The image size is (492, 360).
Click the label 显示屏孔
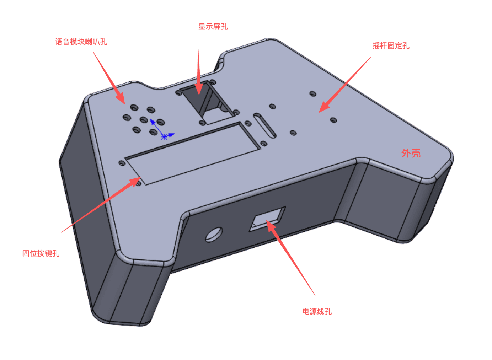click(x=213, y=27)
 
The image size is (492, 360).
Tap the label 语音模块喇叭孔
click(x=81, y=42)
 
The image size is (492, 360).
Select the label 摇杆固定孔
click(x=391, y=45)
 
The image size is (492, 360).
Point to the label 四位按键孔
click(x=41, y=253)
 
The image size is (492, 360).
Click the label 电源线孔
click(x=317, y=311)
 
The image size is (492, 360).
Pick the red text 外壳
click(x=411, y=153)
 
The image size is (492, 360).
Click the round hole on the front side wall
click(x=214, y=234)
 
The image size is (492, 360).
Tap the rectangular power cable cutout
click(x=267, y=219)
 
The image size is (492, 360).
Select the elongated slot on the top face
click(x=264, y=125)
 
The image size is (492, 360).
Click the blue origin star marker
click(x=164, y=137)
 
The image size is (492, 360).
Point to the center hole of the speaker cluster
click(x=144, y=120)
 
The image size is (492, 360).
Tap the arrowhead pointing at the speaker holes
click(x=121, y=98)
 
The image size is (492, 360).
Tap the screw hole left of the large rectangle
click(x=122, y=163)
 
